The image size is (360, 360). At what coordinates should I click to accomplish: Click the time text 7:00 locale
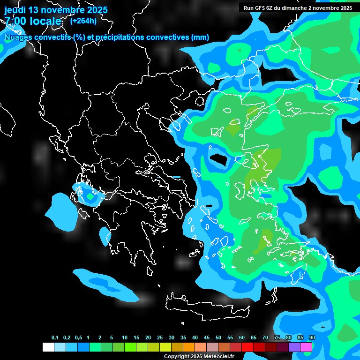click(33, 22)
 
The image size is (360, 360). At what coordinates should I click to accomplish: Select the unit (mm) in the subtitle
click(201, 37)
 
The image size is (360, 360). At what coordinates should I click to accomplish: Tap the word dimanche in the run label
click(299, 8)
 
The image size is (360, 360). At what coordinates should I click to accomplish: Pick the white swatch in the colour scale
click(48, 347)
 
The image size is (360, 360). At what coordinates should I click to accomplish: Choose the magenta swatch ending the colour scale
click(306, 347)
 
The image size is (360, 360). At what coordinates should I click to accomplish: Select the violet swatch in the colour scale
click(294, 347)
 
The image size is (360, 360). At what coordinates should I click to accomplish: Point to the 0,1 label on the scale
click(55, 338)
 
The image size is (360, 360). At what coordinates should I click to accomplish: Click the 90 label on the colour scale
click(312, 338)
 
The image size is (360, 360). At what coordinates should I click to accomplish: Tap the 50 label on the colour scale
click(218, 338)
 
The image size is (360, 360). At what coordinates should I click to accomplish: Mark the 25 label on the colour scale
click(160, 338)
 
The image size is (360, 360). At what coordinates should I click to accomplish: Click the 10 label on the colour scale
click(125, 338)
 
